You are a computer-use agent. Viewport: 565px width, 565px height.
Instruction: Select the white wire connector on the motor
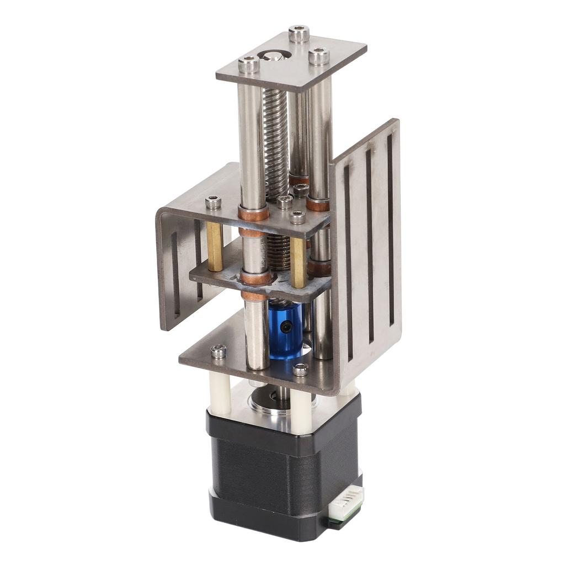(346, 502)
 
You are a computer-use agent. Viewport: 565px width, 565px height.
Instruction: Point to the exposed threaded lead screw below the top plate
(275, 138)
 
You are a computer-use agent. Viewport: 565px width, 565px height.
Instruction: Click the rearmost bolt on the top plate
(299, 33)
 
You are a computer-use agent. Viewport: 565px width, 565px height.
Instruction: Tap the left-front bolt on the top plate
(249, 65)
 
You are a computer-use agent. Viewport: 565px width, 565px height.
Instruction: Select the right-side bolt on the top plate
(318, 56)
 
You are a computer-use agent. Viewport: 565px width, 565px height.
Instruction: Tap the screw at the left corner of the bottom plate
(218, 350)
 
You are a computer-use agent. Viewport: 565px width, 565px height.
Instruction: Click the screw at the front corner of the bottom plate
(300, 370)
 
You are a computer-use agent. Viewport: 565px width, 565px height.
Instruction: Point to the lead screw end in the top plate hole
(274, 56)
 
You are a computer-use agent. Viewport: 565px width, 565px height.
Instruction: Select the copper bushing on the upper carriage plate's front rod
(254, 212)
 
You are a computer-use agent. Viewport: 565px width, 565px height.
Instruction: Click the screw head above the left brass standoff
(213, 202)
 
